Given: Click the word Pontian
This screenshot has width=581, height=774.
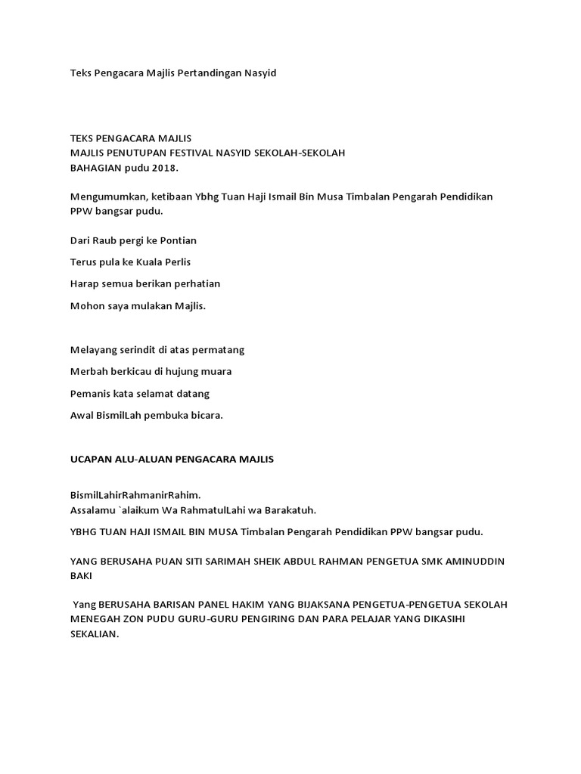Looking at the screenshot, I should pyautogui.click(x=177, y=240).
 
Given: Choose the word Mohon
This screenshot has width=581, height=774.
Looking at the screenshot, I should pyautogui.click(x=85, y=305).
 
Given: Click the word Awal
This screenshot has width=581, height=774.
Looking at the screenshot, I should pyautogui.click(x=81, y=416).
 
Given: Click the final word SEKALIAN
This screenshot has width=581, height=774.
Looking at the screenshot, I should pyautogui.click(x=95, y=635).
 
